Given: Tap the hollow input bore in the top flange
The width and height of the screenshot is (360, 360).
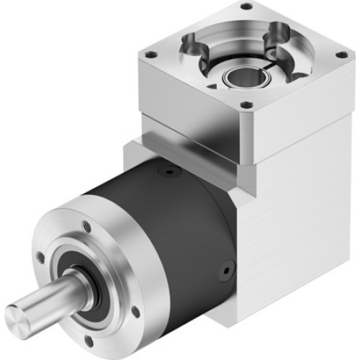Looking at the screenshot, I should tap(238, 76).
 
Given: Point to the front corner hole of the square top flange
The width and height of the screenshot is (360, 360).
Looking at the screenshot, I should tap(246, 105).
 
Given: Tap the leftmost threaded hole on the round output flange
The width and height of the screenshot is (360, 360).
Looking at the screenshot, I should tap(40, 256).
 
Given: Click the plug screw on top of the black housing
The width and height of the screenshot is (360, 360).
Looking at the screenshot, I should tap(168, 173).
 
